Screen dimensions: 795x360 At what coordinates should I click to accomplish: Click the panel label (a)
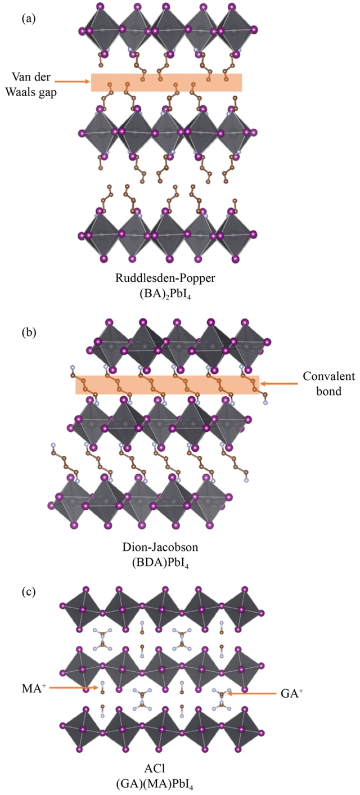(x=29, y=18)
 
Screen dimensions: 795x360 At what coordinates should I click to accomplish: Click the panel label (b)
(x=29, y=331)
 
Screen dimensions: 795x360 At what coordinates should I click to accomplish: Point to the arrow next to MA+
(x=76, y=687)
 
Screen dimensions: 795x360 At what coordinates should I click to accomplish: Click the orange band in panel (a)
(x=166, y=82)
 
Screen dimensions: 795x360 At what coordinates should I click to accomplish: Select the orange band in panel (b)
(x=167, y=385)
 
